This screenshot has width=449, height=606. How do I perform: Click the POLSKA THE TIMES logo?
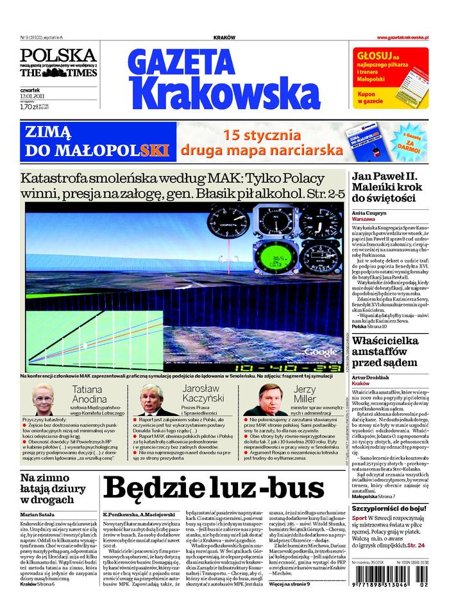(x=58, y=62)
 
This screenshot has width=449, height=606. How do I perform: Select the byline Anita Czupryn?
(x=368, y=212)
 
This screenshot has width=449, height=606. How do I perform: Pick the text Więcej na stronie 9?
(x=290, y=584)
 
